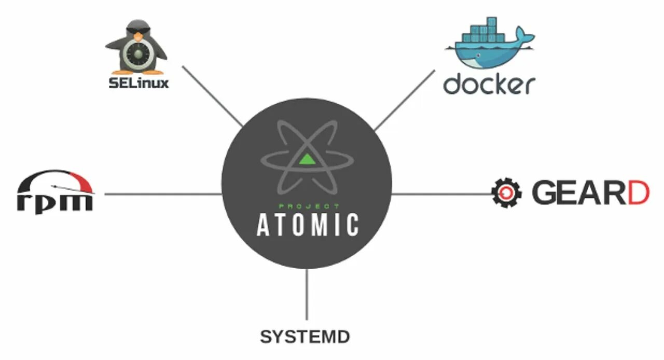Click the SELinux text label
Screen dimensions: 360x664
click(x=139, y=83)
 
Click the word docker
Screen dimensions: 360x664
click(x=489, y=84)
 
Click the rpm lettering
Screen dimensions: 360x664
click(x=55, y=201)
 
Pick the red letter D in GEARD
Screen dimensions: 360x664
click(x=635, y=192)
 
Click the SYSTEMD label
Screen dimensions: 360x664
click(x=305, y=337)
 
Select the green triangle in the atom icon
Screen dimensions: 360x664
click(x=307, y=158)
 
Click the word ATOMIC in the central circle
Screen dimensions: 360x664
click(x=308, y=225)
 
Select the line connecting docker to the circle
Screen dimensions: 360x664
click(x=404, y=100)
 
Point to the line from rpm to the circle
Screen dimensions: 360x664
click(x=163, y=195)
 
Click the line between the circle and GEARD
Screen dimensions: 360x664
click(x=441, y=194)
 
